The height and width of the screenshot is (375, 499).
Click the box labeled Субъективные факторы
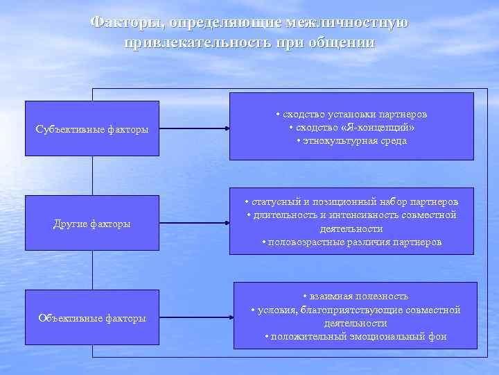click(x=92, y=128)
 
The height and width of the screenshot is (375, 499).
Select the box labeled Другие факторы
click(x=92, y=223)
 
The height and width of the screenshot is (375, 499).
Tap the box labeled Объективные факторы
click(x=92, y=317)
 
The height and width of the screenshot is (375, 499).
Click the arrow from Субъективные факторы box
click(x=195, y=128)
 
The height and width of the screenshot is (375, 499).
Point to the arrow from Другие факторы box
click(x=195, y=223)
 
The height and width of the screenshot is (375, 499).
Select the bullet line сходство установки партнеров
click(x=351, y=114)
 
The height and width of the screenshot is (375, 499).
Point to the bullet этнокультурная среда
click(x=351, y=140)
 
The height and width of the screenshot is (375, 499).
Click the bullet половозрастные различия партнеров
click(x=351, y=242)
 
